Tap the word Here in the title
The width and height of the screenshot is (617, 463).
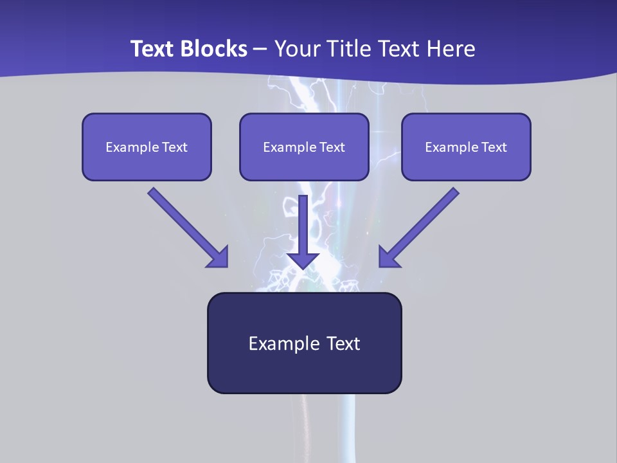pyautogui.click(x=449, y=49)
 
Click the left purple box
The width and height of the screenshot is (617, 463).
pyautogui.click(x=147, y=147)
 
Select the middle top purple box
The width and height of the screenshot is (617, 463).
pyautogui.click(x=304, y=147)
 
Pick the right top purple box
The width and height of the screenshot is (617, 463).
pyautogui.click(x=466, y=147)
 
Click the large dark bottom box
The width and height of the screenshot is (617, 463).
pyautogui.click(x=304, y=343)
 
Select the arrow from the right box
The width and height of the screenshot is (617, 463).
pyautogui.click(x=421, y=225)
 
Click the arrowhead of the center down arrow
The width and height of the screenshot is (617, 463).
pyautogui.click(x=303, y=260)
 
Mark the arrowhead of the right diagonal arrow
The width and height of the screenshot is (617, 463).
pyautogui.click(x=388, y=257)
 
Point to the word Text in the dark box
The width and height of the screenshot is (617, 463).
pyautogui.click(x=343, y=343)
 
